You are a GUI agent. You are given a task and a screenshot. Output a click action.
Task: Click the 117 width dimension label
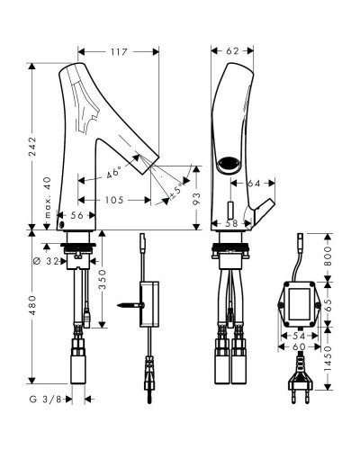click(119, 52)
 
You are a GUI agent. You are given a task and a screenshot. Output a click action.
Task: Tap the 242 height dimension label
click(32, 147)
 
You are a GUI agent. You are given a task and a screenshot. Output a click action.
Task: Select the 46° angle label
click(114, 173)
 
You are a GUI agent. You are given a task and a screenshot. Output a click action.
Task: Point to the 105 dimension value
click(114, 200)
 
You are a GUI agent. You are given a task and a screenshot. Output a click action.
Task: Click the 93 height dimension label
click(196, 199)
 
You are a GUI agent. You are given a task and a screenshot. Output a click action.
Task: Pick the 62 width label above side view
click(232, 51)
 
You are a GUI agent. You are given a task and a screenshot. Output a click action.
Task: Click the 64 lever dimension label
click(254, 183)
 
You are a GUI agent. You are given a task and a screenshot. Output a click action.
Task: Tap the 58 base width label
click(231, 223)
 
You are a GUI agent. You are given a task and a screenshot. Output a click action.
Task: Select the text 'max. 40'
click(48, 197)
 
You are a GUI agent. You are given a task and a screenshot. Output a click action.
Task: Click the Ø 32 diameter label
click(46, 261)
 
